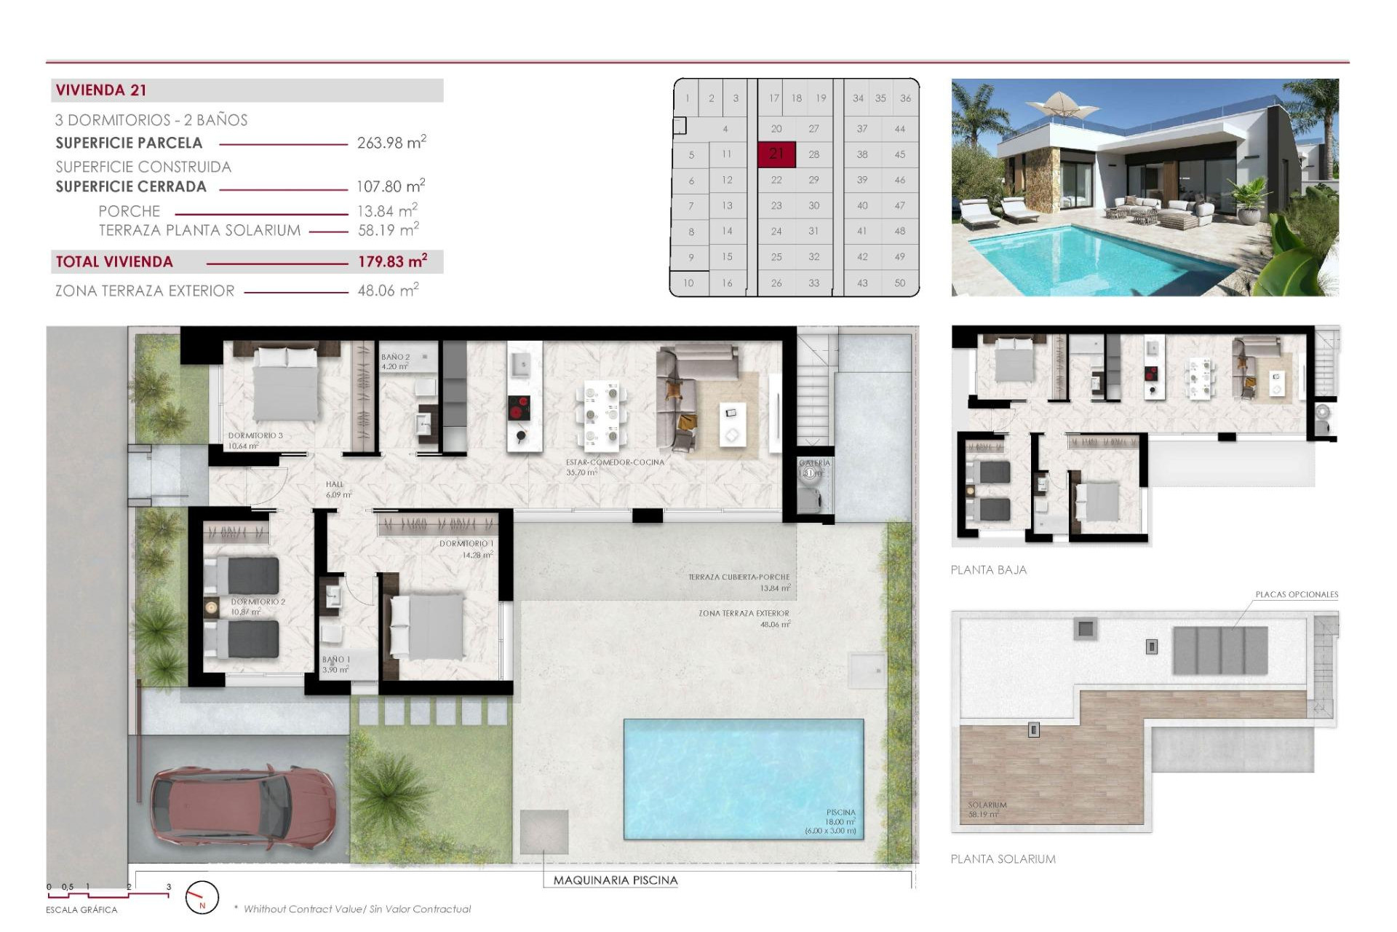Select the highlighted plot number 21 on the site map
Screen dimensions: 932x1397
pos(776,154)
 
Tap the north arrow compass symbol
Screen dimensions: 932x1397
pos(202,898)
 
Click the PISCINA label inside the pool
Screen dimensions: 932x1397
pos(840,813)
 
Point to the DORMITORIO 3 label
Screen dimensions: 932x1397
pos(255,435)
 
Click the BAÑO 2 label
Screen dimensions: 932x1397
pos(395,358)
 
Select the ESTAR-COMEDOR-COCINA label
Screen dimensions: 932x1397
pos(615,462)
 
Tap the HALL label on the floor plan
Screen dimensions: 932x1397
pos(335,484)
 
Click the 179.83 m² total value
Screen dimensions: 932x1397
pos(392,261)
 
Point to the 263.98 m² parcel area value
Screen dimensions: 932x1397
pos(391,143)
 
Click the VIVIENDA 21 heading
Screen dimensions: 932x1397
pos(101,90)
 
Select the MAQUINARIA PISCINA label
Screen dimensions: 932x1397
pos(615,880)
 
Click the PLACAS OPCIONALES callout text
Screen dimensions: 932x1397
pos(1296,595)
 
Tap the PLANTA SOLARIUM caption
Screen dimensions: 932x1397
pos(1003,859)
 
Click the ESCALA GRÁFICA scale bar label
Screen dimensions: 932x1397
pos(81,910)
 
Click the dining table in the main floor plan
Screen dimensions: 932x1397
pos(602,415)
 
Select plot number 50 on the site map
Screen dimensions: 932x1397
pos(899,283)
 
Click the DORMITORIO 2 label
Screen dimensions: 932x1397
pos(258,602)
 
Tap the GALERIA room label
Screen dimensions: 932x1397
pos(814,463)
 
